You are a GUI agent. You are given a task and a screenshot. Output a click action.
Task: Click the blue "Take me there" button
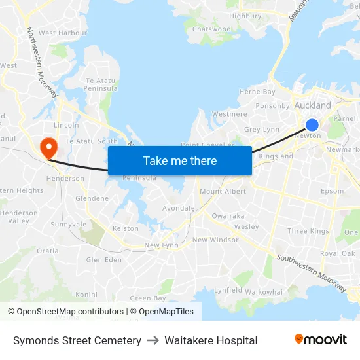coord(179,161)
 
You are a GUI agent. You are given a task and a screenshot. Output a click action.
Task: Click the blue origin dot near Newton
coord(312,125)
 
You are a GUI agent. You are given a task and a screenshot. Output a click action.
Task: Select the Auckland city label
coord(313,105)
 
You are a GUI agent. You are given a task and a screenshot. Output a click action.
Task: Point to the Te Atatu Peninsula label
coord(101,84)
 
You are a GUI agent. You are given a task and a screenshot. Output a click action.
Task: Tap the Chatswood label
coord(211,29)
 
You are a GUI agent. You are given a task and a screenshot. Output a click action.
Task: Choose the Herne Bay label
coord(257,92)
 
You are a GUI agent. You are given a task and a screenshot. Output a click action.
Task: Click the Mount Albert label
coord(223,192)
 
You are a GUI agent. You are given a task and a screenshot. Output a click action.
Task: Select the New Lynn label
coord(161,245)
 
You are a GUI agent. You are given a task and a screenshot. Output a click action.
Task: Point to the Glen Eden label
coord(104,260)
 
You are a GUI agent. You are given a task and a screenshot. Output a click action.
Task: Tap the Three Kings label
coord(308,231)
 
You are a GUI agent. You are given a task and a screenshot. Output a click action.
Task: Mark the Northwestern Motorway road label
coord(43,62)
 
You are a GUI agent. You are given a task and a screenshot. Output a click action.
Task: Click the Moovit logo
coord(320,340)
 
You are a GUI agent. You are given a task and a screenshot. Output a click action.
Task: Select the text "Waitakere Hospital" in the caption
coord(211,340)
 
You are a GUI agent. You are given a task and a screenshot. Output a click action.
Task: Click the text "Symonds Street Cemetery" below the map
coord(77,340)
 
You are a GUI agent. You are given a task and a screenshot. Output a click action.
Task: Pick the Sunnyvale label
coord(69,224)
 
